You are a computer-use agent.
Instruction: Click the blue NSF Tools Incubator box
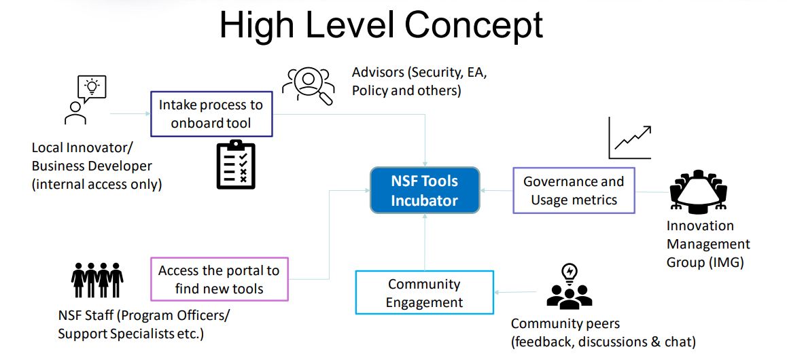425,190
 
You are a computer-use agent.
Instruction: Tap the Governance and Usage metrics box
574,190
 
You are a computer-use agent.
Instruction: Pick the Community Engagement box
424,293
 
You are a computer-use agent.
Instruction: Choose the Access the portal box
219,279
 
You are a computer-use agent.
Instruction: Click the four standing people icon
97,278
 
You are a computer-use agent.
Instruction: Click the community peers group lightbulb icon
570,288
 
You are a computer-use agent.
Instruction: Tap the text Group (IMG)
705,262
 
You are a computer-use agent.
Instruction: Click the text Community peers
565,323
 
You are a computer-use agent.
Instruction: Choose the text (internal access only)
97,183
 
